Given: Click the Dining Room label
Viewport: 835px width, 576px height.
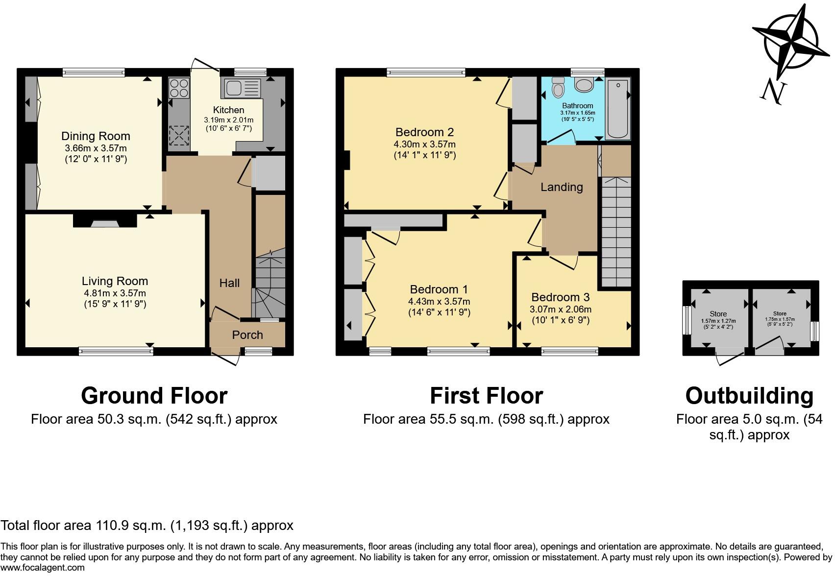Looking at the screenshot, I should tap(96, 136).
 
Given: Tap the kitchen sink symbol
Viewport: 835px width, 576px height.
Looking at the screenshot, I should tap(243, 88).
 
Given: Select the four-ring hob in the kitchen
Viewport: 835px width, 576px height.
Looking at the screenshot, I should tap(179, 88).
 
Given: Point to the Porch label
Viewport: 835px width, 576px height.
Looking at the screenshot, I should tap(247, 335).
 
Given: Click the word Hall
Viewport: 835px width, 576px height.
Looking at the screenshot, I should tap(229, 283).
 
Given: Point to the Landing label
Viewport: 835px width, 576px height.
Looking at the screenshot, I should tap(562, 187).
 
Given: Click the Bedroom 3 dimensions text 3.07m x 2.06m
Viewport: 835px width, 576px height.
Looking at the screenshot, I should tap(561, 310).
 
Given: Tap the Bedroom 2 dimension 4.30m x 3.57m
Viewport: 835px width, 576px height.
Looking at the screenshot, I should tap(424, 144).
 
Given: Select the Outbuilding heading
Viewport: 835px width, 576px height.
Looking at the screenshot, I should tap(749, 396).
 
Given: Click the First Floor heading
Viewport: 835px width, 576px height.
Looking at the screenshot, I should tap(486, 396).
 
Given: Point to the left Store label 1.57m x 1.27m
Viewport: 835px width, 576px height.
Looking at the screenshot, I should tap(718, 321).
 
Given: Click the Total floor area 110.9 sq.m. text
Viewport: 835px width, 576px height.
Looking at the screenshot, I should tap(147, 526).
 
